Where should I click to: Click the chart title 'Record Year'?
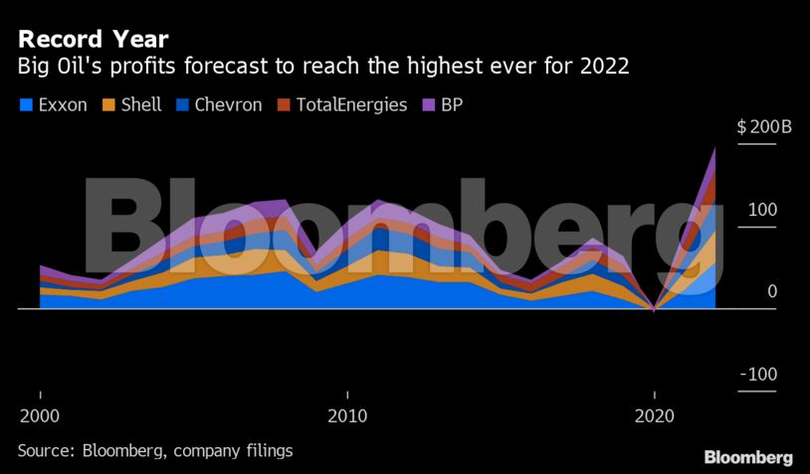click(93, 40)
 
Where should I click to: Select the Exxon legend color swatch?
click(25, 104)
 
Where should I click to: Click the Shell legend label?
click(140, 104)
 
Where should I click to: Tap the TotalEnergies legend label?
click(351, 104)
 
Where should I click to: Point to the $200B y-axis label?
click(762, 127)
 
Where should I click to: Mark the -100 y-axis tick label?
click(758, 374)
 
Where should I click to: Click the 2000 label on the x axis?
click(40, 413)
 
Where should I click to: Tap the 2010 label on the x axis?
click(346, 413)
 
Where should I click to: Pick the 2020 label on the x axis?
click(654, 413)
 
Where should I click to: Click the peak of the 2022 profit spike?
click(714, 149)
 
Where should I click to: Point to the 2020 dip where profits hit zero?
click(653, 309)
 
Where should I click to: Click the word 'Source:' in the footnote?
click(47, 450)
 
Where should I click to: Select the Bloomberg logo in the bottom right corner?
click(748, 457)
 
